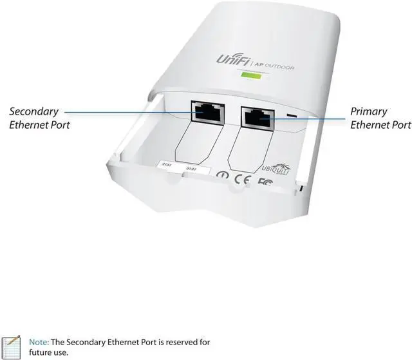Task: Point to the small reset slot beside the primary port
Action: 292,117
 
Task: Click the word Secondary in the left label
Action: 33,111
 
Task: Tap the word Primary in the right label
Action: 368,111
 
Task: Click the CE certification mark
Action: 241,177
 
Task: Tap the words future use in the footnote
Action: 49,353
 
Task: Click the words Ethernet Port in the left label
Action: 39,124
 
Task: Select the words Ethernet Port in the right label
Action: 380,124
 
